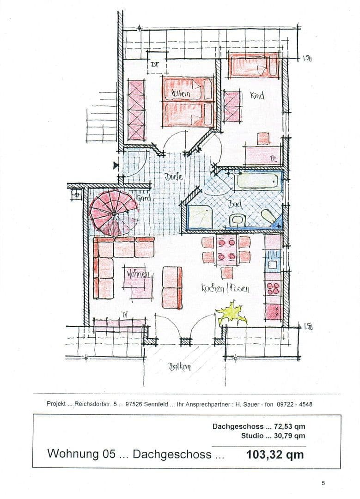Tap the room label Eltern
pos(180,94)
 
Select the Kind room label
pos(257,96)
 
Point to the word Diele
pos(174,176)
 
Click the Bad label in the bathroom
pos(235,203)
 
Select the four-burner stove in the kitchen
pos(273,288)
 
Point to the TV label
pos(124,314)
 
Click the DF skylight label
pos(154,65)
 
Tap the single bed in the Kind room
pos(253,66)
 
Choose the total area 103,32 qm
pos(275,454)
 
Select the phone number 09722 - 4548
pos(294,404)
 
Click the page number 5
pos(323,483)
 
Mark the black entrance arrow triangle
pos(116,165)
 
